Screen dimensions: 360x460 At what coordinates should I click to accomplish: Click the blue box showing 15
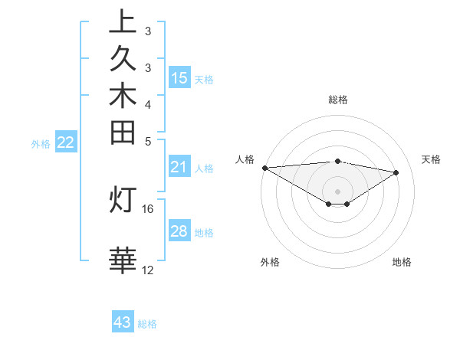179,77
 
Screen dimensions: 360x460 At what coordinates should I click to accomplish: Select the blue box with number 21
179,167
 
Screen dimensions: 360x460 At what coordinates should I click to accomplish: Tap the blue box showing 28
179,231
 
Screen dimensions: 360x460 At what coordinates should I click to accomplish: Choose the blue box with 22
66,142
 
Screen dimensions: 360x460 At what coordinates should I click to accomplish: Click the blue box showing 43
123,322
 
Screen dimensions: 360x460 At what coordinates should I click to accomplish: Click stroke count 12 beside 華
148,270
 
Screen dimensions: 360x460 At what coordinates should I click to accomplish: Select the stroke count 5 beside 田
148,141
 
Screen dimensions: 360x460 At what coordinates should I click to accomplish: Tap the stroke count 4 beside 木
148,103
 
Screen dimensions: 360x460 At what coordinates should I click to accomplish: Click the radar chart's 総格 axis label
338,100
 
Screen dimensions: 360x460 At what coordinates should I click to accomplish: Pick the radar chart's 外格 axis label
270,262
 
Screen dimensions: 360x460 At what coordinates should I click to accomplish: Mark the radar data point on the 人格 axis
264,168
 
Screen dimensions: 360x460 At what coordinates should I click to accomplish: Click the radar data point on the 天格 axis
396,172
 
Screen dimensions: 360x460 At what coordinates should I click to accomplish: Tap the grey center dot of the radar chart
338,191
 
